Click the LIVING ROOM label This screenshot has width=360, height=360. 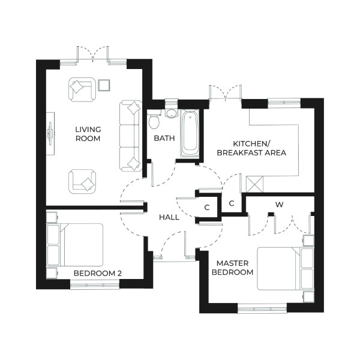click(x=88, y=134)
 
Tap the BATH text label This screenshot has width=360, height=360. click(x=164, y=138)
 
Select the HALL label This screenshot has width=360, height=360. click(x=169, y=217)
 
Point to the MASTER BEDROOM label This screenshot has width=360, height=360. click(x=235, y=268)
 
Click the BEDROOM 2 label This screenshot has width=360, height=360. click(x=98, y=274)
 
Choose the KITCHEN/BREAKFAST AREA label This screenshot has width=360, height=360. click(x=259, y=148)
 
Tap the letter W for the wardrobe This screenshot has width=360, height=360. click(x=279, y=205)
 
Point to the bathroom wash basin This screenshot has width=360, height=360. click(x=171, y=113)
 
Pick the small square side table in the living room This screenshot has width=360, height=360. click(x=104, y=85)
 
